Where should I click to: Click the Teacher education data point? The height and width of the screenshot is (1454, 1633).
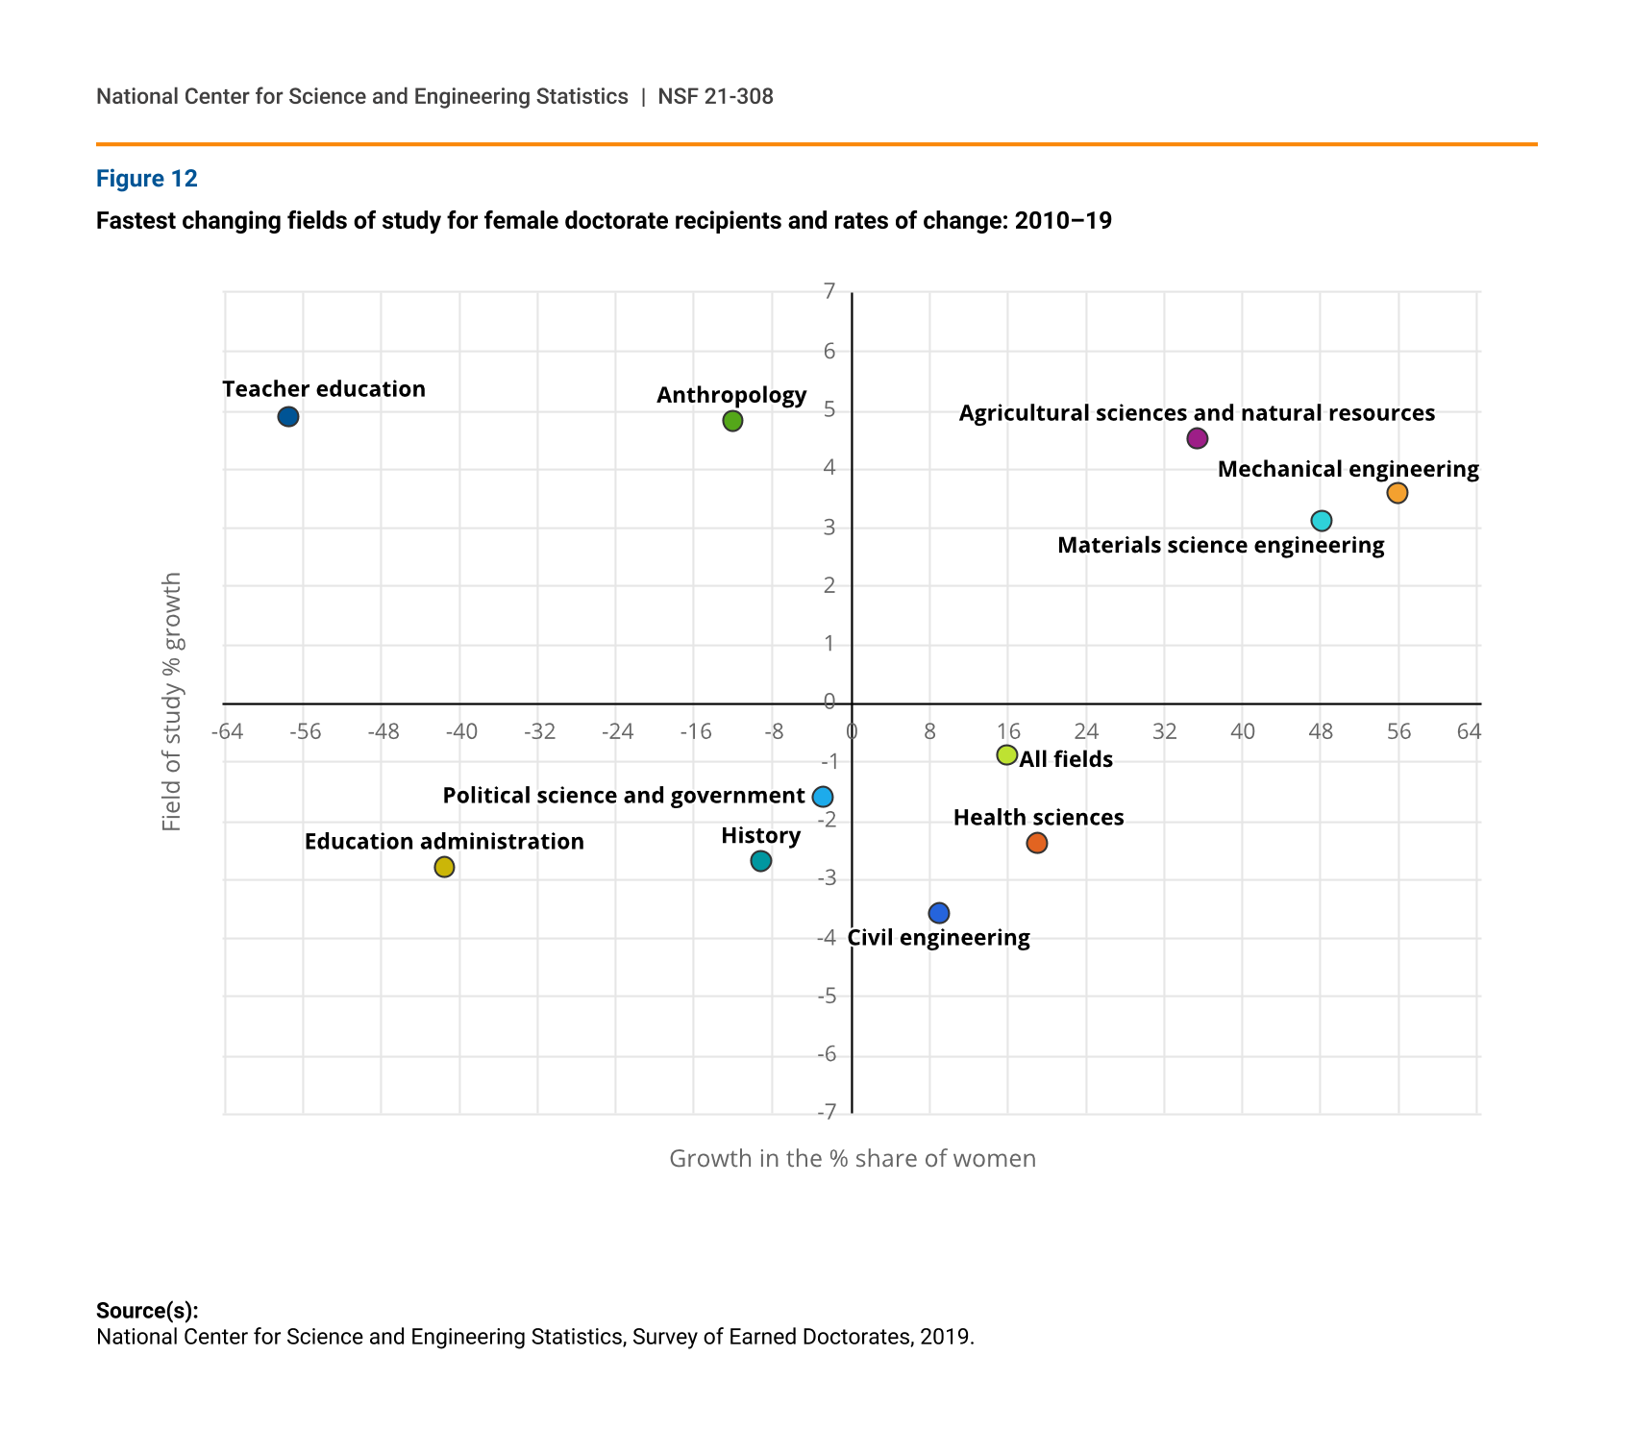tap(288, 417)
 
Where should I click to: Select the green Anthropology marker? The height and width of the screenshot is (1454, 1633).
tap(732, 421)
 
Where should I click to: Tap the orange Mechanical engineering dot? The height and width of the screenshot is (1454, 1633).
tap(1398, 493)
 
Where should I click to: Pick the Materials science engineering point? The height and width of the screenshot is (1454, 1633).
tap(1322, 521)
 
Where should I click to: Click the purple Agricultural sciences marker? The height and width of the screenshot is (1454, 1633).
tap(1197, 438)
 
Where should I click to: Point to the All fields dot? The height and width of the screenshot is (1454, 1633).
tap(1007, 754)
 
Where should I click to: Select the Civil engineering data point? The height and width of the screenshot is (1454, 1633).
tap(939, 913)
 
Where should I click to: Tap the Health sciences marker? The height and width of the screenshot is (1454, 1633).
tap(1037, 843)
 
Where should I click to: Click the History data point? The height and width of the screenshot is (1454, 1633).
tap(760, 861)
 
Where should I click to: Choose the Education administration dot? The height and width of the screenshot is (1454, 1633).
tap(444, 867)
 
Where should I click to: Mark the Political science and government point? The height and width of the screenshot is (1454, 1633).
tap(823, 797)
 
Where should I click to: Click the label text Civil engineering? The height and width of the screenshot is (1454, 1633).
tap(939, 938)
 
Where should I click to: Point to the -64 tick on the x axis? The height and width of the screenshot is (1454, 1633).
tap(227, 732)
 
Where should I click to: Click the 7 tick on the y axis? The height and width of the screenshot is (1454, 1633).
tap(829, 291)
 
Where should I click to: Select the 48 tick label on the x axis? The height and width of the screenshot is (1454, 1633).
tap(1321, 732)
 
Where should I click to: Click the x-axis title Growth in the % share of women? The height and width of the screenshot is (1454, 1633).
tap(853, 1159)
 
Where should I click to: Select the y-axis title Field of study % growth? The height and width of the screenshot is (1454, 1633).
tap(172, 702)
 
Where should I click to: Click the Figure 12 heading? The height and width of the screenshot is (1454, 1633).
tap(147, 179)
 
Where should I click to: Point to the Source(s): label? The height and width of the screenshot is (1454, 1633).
tap(147, 1311)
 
